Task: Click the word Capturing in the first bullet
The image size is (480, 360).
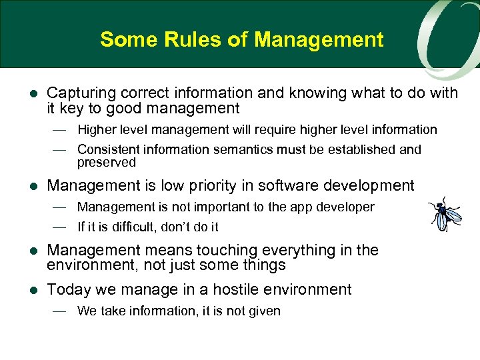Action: pos(82,93)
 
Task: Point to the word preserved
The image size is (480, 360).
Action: pos(106,163)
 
